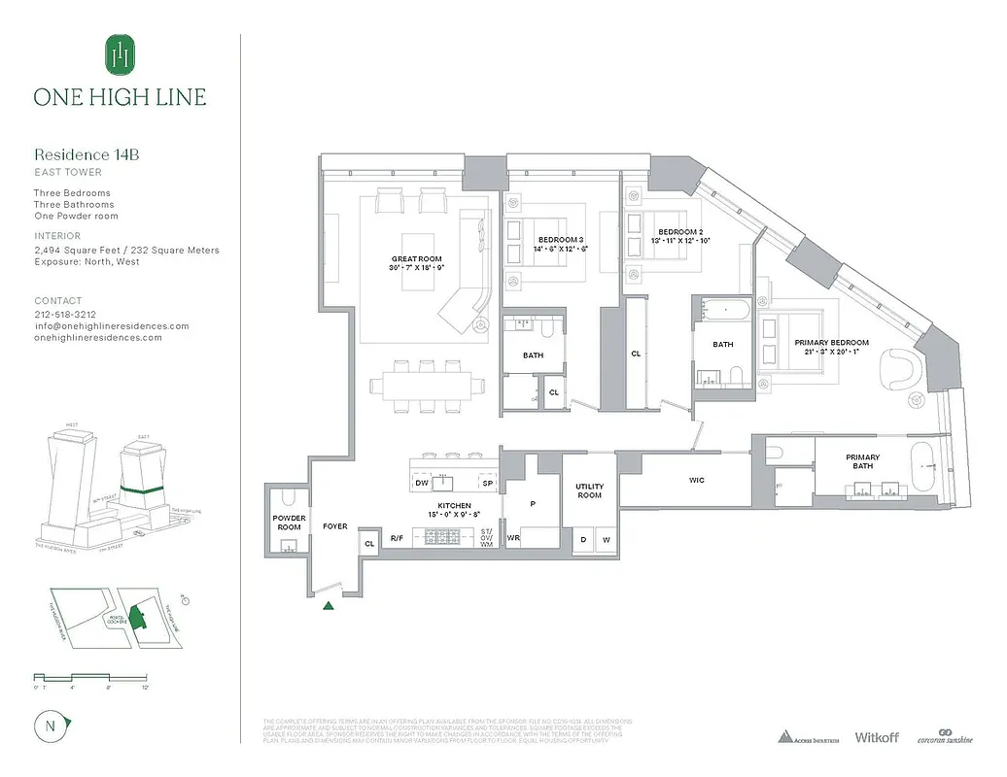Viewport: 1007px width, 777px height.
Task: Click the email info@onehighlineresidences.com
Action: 112,326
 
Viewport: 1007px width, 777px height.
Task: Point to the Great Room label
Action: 416,259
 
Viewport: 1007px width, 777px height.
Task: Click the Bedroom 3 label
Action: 561,239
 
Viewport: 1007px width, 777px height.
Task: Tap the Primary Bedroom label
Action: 831,343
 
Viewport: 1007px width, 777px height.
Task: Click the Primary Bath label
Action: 862,461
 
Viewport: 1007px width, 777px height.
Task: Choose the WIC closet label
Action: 696,480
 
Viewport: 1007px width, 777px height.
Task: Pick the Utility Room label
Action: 589,490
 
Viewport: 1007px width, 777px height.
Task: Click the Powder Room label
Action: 289,523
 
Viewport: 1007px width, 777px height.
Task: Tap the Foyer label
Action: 335,526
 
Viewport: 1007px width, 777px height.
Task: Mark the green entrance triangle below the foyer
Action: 330,606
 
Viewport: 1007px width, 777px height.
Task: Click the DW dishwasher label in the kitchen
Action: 421,483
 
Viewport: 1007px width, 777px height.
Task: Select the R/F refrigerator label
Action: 397,538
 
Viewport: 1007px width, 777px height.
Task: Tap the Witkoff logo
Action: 877,737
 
